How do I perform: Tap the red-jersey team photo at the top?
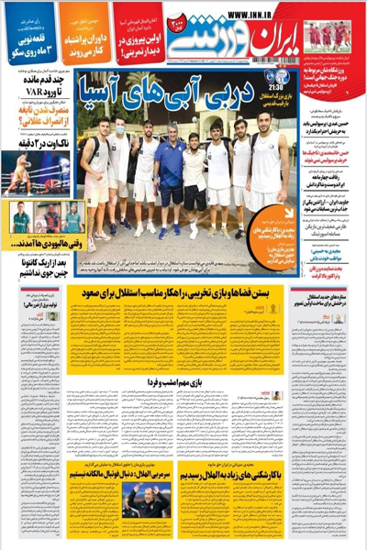(x=331, y=37)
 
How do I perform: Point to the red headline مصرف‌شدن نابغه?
(x=37, y=145)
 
